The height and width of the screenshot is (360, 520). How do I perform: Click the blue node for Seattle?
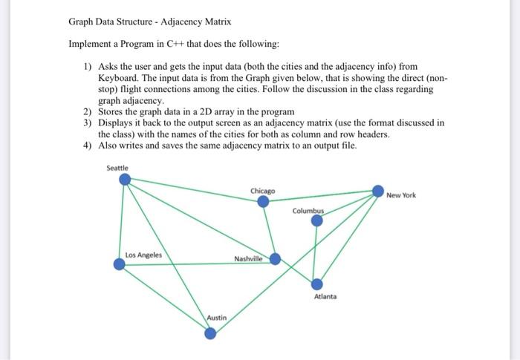coord(125,179)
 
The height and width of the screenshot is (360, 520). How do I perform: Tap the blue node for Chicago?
coord(262,201)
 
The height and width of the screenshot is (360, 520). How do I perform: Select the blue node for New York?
coord(378,191)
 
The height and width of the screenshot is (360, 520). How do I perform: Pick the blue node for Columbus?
coord(317,220)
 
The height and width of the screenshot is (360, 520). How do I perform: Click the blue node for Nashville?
coord(275,258)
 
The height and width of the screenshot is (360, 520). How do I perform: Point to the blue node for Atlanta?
coord(317,284)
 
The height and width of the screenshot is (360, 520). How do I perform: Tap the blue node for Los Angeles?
coord(119,264)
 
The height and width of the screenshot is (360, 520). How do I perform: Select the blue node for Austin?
coord(210,333)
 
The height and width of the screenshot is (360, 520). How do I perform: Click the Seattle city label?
coord(117,168)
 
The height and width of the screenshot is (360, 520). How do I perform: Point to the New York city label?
coord(401,195)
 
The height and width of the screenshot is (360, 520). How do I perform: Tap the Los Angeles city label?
coord(143,255)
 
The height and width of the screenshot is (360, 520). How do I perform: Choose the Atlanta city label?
coord(325,296)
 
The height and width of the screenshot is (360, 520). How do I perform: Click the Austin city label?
coord(217,318)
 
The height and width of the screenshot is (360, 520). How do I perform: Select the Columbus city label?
coord(308,211)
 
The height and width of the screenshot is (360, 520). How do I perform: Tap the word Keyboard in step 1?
coord(120,76)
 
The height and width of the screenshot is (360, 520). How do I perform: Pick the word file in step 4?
coord(347,145)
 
